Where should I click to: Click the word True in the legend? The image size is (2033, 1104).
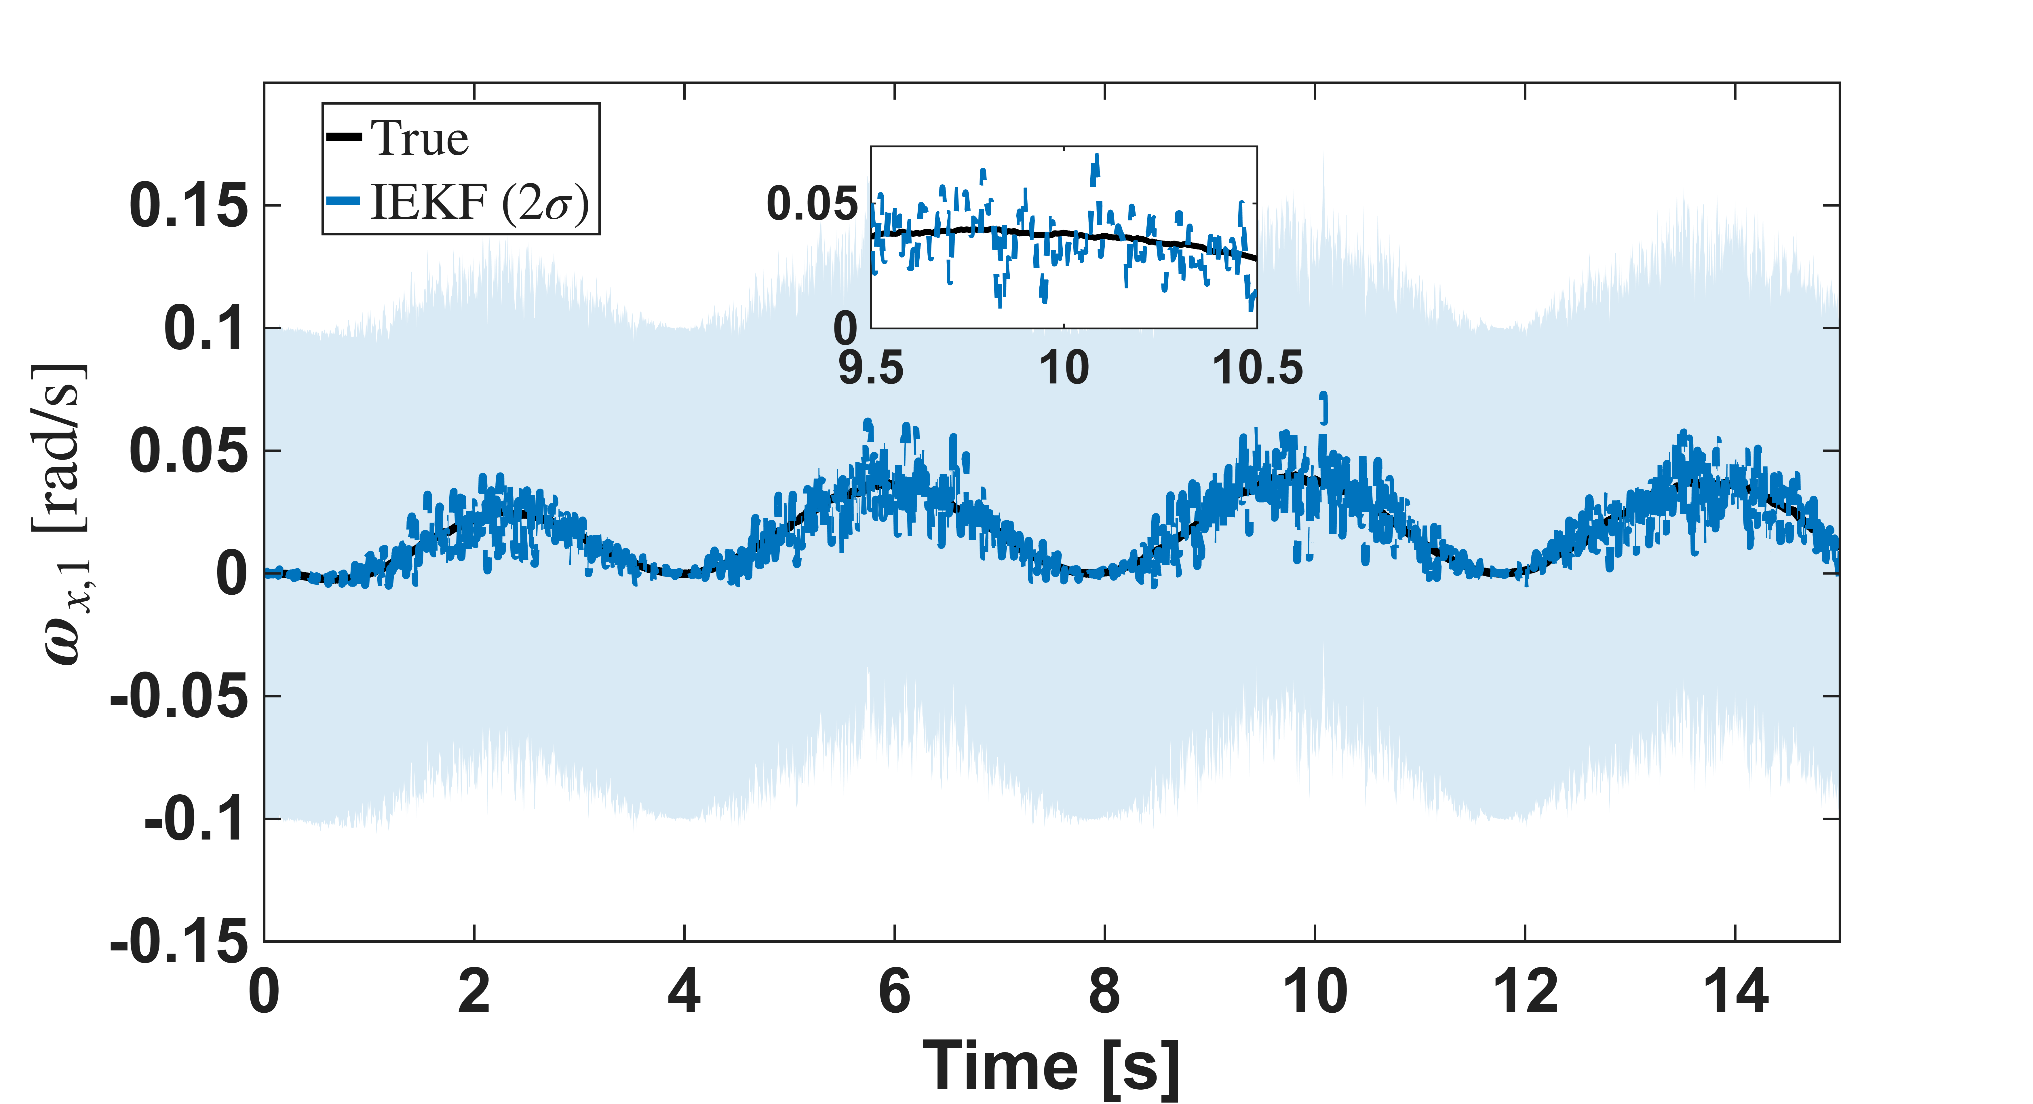pos(420,139)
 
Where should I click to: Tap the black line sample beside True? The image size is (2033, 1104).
pos(344,137)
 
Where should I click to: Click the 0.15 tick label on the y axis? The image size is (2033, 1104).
pos(188,206)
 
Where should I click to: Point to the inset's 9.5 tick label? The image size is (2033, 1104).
pos(870,368)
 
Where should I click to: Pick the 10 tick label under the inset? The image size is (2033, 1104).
pos(1064,368)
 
